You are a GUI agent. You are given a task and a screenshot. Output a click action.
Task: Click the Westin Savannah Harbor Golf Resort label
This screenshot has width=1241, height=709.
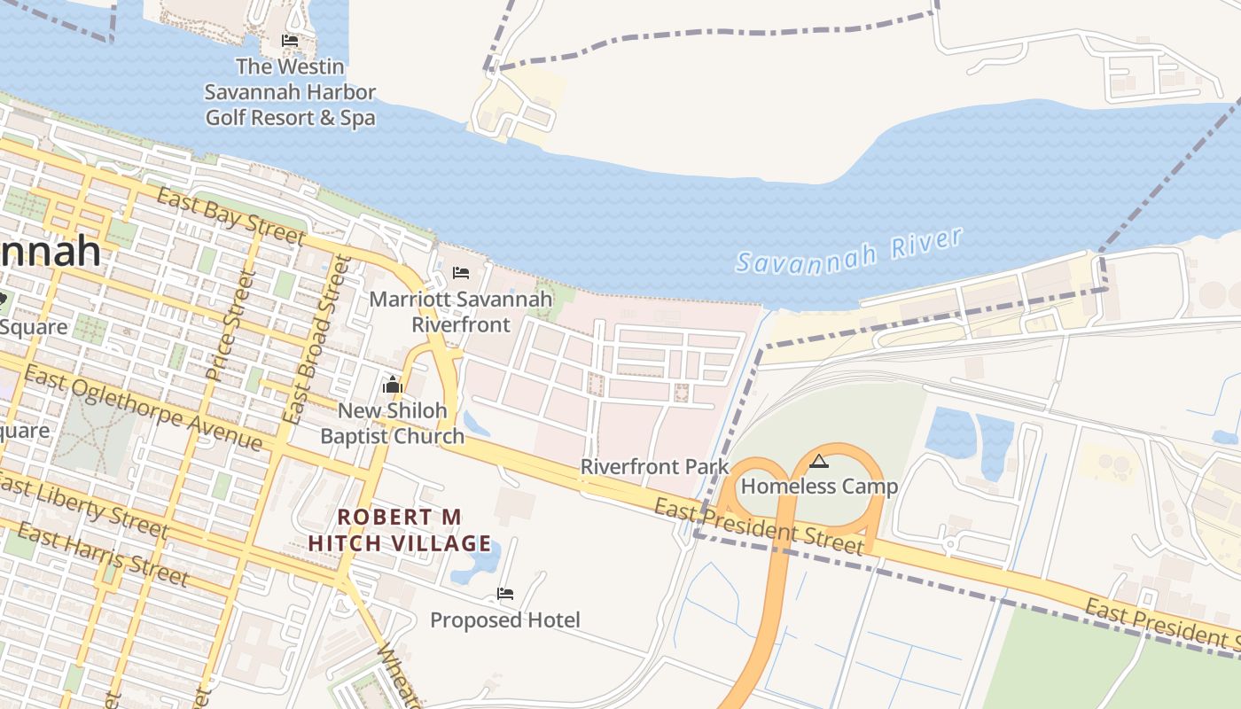point(290,92)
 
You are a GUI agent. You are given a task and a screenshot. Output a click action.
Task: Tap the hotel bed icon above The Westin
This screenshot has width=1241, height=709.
point(290,41)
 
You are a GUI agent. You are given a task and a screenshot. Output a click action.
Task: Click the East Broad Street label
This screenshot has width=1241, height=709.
point(316,339)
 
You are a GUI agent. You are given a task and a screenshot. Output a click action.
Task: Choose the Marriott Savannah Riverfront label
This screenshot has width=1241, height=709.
point(461,312)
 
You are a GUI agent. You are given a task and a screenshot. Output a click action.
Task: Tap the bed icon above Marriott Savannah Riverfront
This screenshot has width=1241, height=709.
point(461,272)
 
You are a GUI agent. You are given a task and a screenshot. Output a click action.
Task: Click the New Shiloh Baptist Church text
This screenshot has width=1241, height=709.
point(392,423)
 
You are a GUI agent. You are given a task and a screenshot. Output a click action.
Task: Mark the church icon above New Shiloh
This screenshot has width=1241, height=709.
point(392,385)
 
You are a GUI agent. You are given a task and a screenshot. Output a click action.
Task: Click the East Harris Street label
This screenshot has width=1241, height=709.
point(103,556)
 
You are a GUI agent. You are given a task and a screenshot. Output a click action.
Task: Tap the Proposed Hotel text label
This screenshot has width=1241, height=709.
point(505,620)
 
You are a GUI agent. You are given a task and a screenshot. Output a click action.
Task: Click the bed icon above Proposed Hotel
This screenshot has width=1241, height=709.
point(505,594)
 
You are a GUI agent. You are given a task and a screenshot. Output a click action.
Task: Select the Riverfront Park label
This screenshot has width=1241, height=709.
point(654,466)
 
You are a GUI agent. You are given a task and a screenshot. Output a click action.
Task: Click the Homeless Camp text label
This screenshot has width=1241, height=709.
point(819,487)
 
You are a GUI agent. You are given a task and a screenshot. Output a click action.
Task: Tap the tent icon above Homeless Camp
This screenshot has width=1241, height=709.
point(819,461)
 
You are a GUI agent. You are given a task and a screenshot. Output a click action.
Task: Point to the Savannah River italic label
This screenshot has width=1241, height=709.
point(849,252)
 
